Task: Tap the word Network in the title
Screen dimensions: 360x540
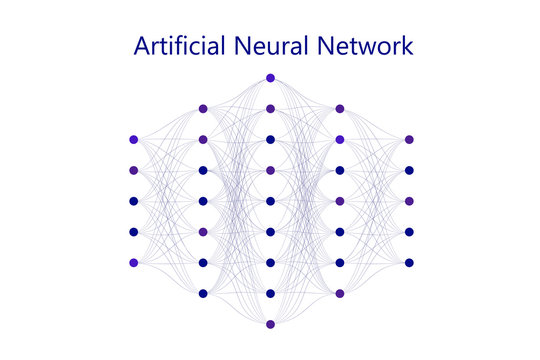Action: click(x=369, y=46)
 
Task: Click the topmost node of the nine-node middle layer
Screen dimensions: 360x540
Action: click(x=271, y=78)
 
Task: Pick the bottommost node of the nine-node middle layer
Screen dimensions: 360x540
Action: click(x=271, y=325)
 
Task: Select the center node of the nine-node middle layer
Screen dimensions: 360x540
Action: click(x=271, y=201)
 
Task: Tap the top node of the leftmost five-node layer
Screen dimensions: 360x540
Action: click(x=133, y=140)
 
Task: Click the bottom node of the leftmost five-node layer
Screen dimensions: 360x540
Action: click(x=133, y=263)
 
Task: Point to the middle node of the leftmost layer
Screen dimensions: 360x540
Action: click(x=133, y=201)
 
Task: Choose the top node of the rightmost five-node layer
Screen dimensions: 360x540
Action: click(x=409, y=140)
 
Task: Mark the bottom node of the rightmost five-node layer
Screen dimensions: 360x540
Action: click(x=409, y=263)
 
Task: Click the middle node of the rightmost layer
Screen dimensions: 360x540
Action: click(x=409, y=201)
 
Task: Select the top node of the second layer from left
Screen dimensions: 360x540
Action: click(x=203, y=109)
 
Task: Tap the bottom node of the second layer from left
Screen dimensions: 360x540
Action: click(x=203, y=294)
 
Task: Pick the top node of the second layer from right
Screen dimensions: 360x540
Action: click(x=340, y=109)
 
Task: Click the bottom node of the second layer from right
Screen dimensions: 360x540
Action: click(x=340, y=294)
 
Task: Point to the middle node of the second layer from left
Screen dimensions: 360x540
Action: click(x=203, y=201)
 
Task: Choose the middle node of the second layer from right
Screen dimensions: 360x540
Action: click(x=340, y=201)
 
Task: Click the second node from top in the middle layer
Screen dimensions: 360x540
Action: click(x=271, y=109)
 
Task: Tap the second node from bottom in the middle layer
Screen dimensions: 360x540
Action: click(x=271, y=294)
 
